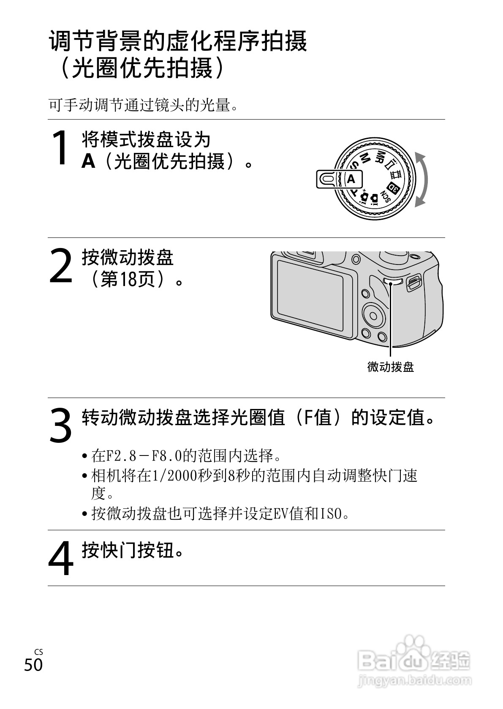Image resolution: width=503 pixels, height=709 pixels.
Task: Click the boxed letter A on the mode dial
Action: pos(351,180)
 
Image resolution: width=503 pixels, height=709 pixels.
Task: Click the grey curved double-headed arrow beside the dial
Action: pos(424,180)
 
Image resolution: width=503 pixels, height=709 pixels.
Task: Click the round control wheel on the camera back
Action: pos(374,316)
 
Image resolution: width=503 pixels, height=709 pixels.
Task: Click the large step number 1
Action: pos(61,147)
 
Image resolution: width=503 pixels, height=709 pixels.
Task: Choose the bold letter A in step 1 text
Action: pos(88,161)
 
